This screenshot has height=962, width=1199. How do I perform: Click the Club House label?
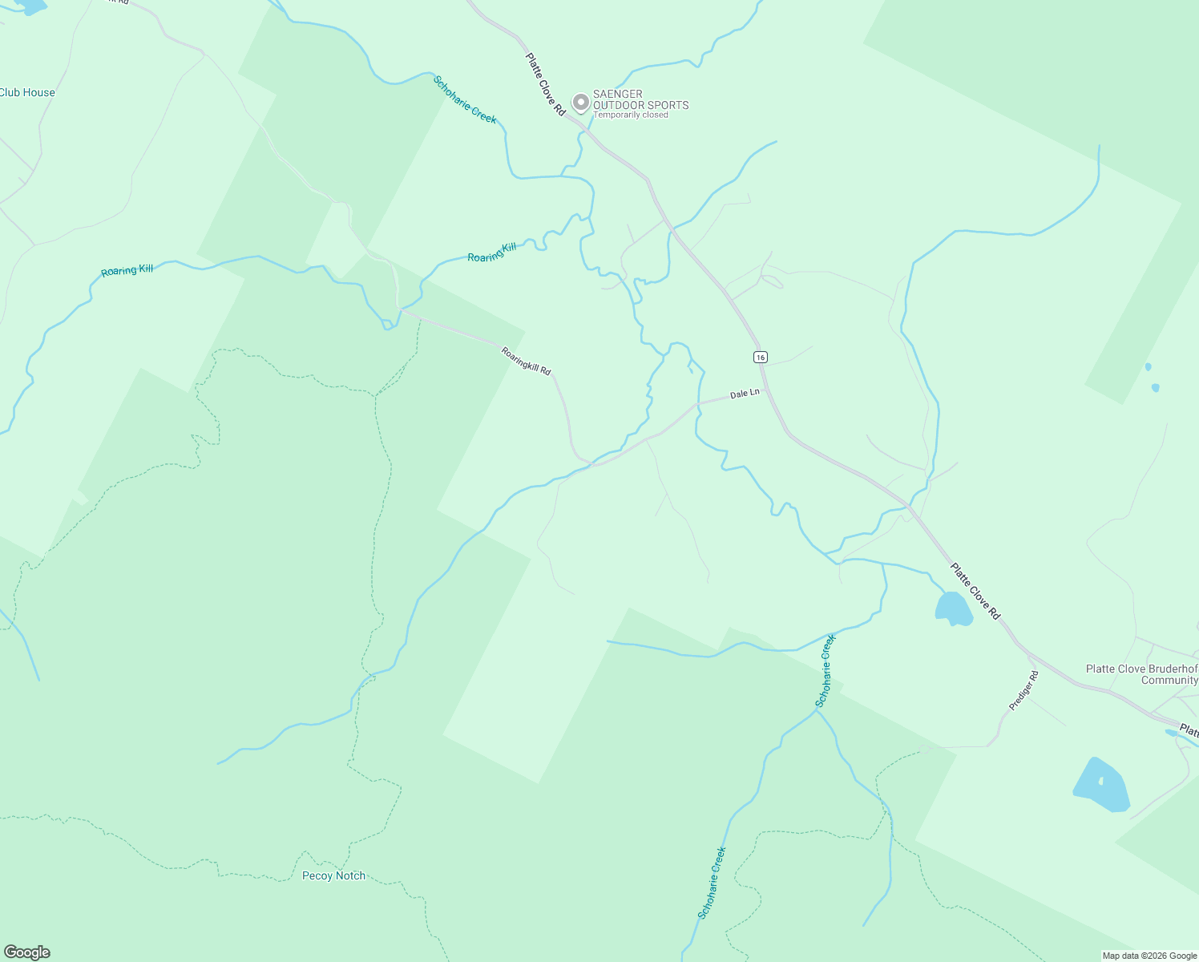pyautogui.click(x=27, y=92)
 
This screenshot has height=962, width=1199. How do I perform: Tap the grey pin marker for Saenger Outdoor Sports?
pyautogui.click(x=580, y=103)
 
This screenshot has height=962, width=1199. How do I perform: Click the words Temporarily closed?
pyautogui.click(x=631, y=115)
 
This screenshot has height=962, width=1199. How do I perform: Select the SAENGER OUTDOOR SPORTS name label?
pyautogui.click(x=640, y=99)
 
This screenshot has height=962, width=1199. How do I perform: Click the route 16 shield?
pyautogui.click(x=761, y=356)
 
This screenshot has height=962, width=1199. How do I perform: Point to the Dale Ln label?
pyautogui.click(x=745, y=394)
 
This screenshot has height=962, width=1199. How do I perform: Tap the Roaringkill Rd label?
pyautogui.click(x=527, y=360)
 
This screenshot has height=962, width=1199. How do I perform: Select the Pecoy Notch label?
pyautogui.click(x=333, y=875)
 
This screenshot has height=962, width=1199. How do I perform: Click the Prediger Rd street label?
pyautogui.click(x=1023, y=690)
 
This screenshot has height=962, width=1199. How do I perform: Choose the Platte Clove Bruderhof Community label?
pyautogui.click(x=1142, y=674)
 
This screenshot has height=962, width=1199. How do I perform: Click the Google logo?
pyautogui.click(x=27, y=952)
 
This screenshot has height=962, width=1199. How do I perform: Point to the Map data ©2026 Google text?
pyautogui.click(x=1149, y=956)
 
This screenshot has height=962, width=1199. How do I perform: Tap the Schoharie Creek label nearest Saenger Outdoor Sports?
pyautogui.click(x=465, y=100)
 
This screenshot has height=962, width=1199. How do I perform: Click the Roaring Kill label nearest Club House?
pyautogui.click(x=127, y=271)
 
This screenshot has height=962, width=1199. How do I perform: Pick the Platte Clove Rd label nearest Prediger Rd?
pyautogui.click(x=975, y=591)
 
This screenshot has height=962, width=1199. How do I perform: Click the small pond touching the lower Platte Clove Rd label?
pyautogui.click(x=953, y=608)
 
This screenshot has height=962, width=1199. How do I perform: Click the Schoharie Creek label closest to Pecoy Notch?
pyautogui.click(x=712, y=883)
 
